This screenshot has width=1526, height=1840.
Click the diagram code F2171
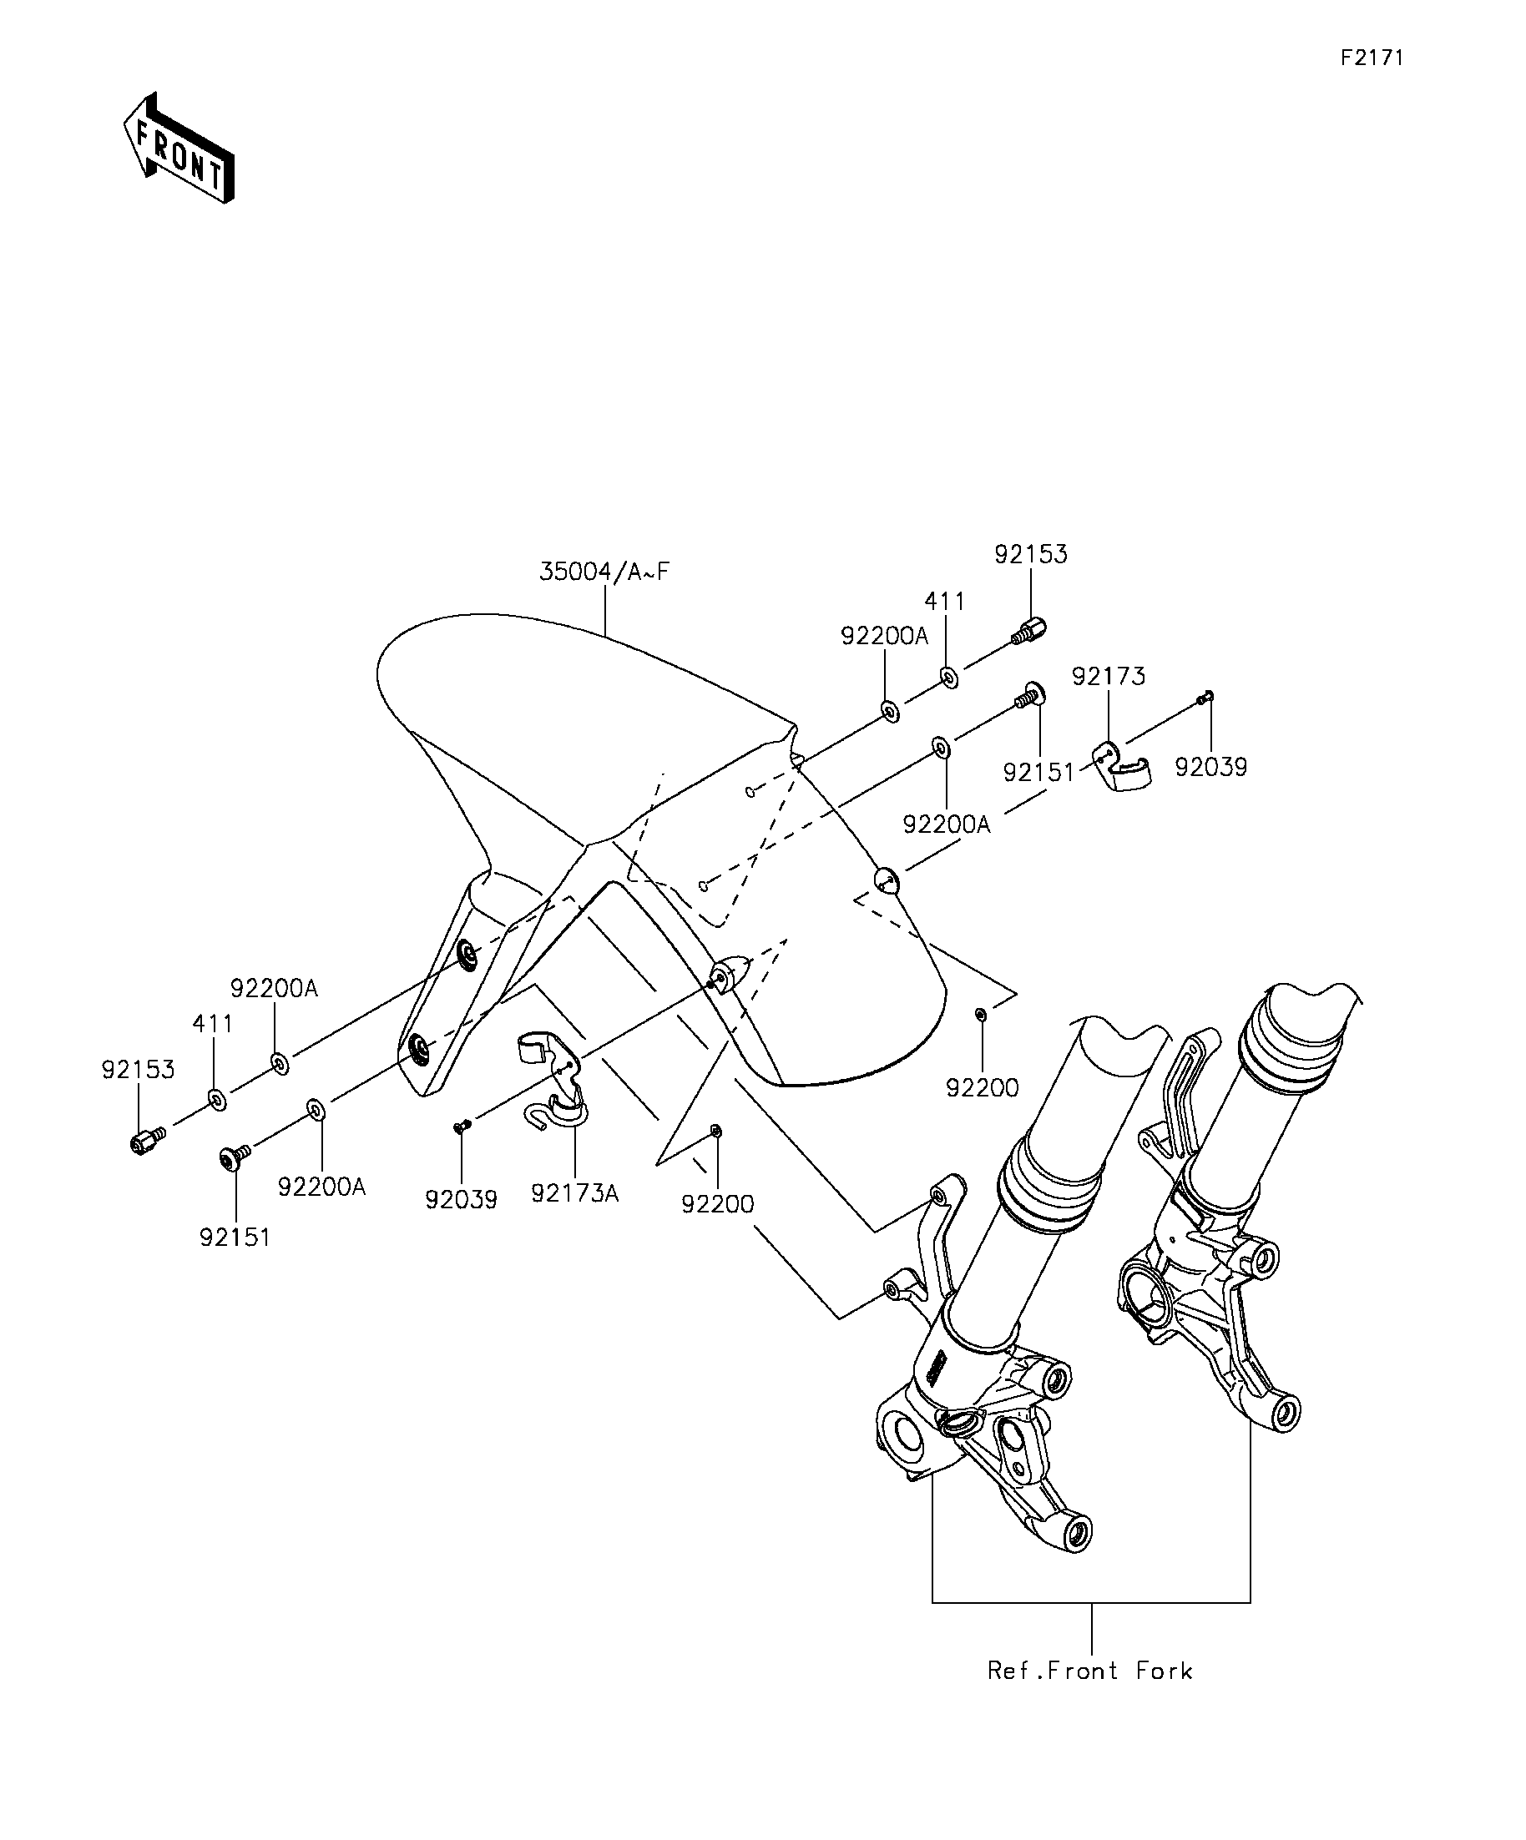point(1372,58)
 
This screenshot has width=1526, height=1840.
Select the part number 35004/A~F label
point(604,572)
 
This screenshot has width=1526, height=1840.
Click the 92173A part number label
point(575,1193)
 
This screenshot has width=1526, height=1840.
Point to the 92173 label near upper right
point(1108,677)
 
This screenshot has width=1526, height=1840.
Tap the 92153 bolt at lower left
point(147,1141)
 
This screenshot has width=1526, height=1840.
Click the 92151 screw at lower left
point(233,1157)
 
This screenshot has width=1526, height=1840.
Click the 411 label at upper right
point(945,602)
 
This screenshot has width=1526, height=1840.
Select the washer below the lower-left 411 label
point(217,1099)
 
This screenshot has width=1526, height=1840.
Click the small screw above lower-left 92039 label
point(461,1127)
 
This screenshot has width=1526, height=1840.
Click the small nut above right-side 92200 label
point(981,1014)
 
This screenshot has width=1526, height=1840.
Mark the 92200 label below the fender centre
point(717,1205)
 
